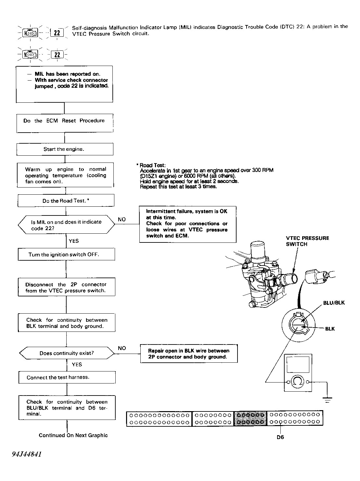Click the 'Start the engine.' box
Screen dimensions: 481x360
coord(65,149)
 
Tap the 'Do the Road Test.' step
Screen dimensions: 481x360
coord(66,201)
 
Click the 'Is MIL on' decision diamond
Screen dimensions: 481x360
coord(66,225)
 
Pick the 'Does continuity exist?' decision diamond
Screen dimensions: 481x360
coord(67,353)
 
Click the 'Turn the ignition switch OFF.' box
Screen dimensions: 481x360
coord(66,254)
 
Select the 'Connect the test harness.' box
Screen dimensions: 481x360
coord(67,377)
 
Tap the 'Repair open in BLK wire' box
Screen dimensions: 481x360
coord(188,354)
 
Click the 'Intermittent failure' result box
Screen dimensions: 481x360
coord(187,224)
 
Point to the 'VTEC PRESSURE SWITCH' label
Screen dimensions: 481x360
coord(307,241)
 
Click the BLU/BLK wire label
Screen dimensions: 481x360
coord(334,303)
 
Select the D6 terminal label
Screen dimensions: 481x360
coord(280,437)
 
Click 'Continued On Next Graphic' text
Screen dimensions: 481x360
coord(73,435)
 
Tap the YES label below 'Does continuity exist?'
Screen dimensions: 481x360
coord(77,365)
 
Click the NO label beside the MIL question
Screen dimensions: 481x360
coord(122,220)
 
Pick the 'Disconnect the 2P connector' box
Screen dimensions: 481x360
coord(66,287)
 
